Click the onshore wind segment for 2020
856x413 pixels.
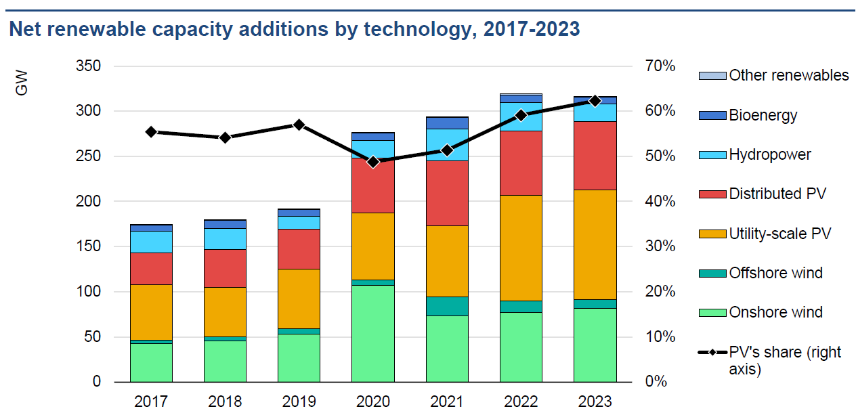(372, 333)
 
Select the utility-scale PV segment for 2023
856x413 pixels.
(595, 244)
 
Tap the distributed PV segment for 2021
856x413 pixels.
(447, 193)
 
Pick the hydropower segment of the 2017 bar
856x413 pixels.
(151, 242)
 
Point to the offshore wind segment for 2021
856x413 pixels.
(447, 306)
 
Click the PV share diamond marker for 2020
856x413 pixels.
(372, 162)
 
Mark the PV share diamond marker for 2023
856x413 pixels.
(595, 101)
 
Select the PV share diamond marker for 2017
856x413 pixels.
(151, 132)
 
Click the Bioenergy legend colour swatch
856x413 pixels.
(712, 115)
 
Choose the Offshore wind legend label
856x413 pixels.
(775, 273)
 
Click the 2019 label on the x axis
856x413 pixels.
(299, 401)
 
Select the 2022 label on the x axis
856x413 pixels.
(521, 401)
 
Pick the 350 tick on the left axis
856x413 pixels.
(87, 66)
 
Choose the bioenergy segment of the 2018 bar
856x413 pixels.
(225, 224)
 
